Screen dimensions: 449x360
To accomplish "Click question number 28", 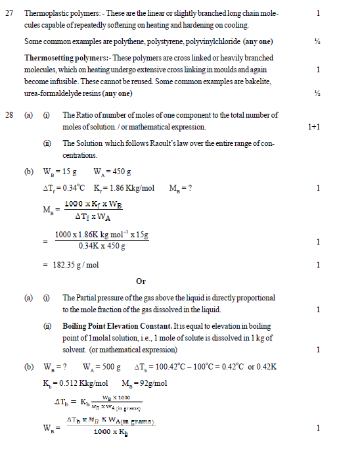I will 9,114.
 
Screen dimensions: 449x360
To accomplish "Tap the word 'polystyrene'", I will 157,42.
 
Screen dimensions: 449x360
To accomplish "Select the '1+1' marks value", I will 313,126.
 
